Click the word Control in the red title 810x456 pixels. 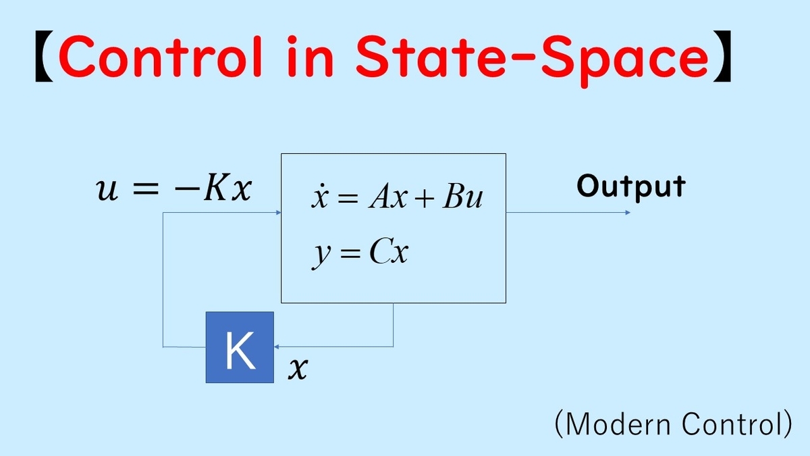160,57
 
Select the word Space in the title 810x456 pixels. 625,61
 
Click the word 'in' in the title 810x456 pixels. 310,57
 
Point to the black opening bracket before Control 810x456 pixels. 44,57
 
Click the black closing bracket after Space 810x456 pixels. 722,57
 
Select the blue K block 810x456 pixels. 240,347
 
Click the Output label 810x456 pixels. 631,186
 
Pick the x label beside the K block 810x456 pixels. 298,369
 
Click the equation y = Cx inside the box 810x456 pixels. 360,253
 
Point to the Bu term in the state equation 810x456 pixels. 463,197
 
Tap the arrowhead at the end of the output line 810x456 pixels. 628,212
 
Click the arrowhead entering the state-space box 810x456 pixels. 278,212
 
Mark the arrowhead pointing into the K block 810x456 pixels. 277,347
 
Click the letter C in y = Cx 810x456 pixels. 379,251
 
